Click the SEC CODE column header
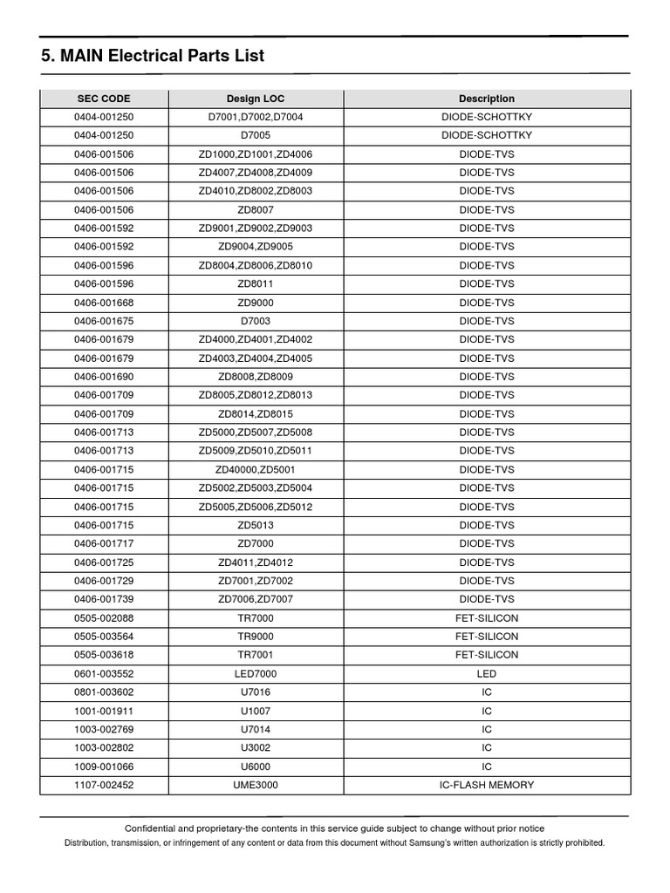104,99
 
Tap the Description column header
487,99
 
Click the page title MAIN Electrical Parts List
153,56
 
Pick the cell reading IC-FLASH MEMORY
487,785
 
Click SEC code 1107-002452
104,785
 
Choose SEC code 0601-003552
104,673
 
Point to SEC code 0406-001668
104,303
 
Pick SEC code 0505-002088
104,618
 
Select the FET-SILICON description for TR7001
487,655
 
